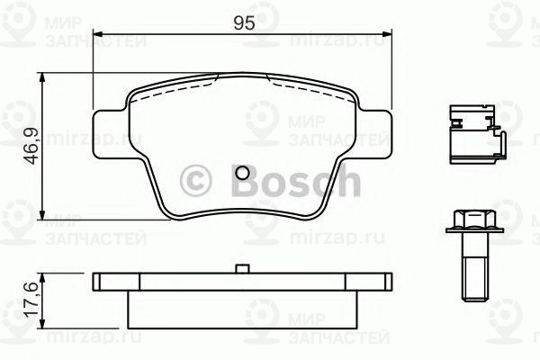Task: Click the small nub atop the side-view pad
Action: pyautogui.click(x=242, y=268)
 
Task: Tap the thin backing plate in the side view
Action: pyautogui.click(x=242, y=283)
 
